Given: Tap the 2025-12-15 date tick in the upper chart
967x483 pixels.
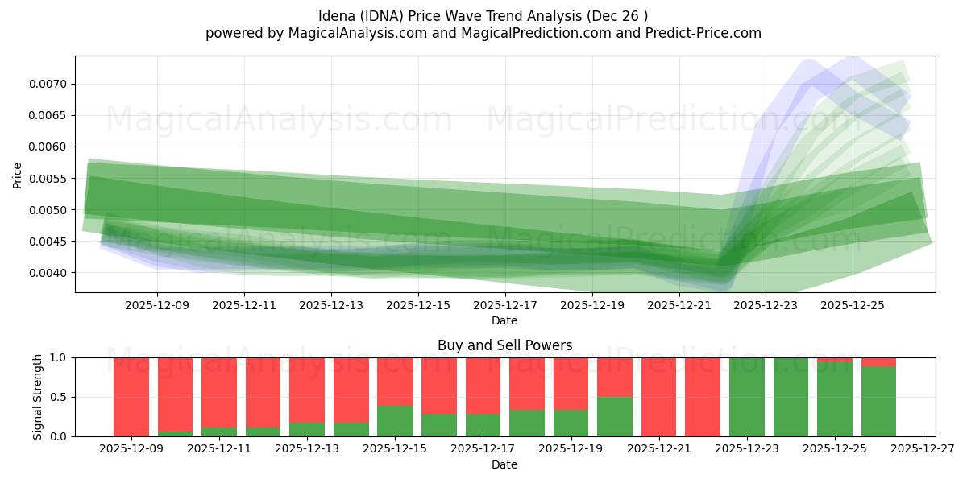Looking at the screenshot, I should coord(418,306).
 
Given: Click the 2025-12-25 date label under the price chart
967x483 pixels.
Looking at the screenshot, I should coord(853,306).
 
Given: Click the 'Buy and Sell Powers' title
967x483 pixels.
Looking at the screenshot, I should coord(504,345).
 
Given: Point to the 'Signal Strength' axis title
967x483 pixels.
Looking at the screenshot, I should coord(38,397).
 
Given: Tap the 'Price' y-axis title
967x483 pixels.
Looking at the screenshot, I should coord(18,174).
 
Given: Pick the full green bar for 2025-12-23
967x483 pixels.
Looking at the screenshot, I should coord(747,397).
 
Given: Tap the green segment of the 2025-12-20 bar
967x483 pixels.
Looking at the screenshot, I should coord(615,416).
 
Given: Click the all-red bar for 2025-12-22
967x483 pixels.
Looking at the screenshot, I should coord(703,397).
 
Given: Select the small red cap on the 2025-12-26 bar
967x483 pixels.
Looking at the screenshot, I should coord(878,361).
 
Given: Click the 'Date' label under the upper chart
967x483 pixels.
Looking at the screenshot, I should coord(504,320).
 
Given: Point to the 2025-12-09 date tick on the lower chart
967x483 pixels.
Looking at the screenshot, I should coord(131,449).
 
